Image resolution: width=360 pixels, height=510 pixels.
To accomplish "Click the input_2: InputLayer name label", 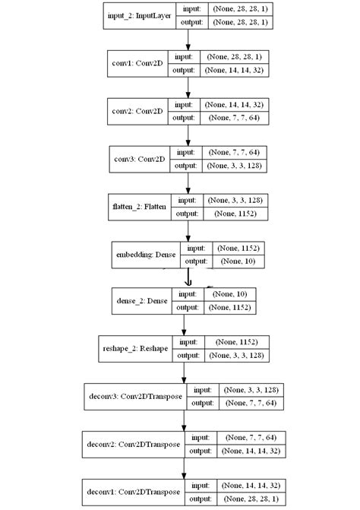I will (x=139, y=14).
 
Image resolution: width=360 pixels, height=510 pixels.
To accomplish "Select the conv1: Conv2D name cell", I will (x=137, y=63).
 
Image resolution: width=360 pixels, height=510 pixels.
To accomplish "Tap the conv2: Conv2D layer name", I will (x=137, y=110).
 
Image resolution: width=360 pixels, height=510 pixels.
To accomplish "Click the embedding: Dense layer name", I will (x=145, y=254).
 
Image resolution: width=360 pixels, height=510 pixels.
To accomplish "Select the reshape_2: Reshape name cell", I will (x=137, y=348).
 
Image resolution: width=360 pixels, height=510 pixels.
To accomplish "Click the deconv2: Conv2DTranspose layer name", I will (x=130, y=444).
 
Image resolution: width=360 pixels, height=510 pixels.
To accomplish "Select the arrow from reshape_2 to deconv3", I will (x=184, y=372).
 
